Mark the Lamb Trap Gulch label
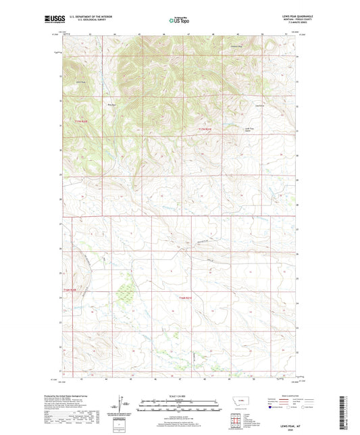coord(249,130)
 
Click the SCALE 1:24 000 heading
coord(179,396)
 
